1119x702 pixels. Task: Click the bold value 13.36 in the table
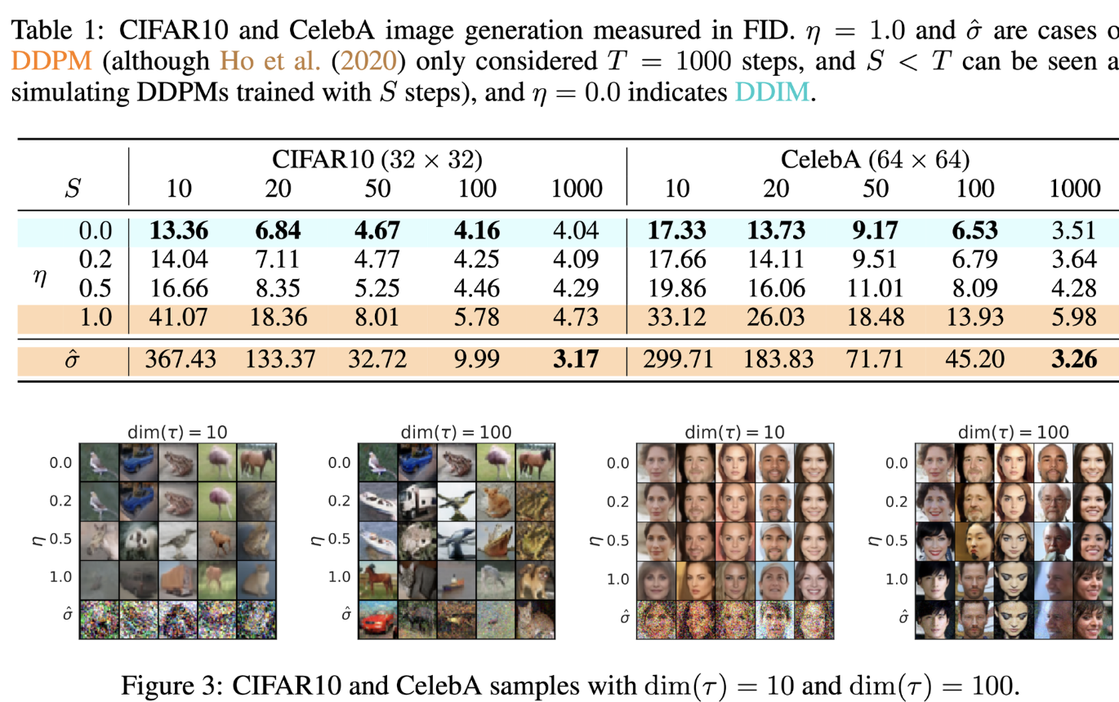tap(179, 232)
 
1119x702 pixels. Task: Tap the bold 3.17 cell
tap(577, 359)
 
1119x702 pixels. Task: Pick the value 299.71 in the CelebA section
tap(677, 359)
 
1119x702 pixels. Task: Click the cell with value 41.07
tap(179, 316)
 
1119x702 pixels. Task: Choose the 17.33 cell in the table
tap(677, 232)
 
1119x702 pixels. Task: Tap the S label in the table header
tap(73, 189)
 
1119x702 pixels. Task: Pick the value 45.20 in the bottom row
tap(974, 359)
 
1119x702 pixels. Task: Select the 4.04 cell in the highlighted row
tap(577, 232)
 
